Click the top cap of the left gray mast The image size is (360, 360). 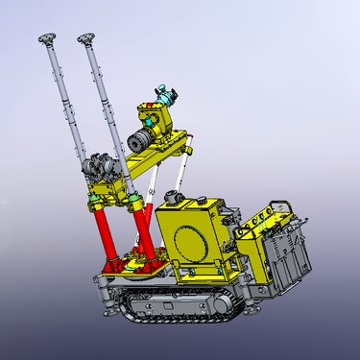coord(45,39)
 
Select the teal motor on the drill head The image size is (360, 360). coord(170,96)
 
